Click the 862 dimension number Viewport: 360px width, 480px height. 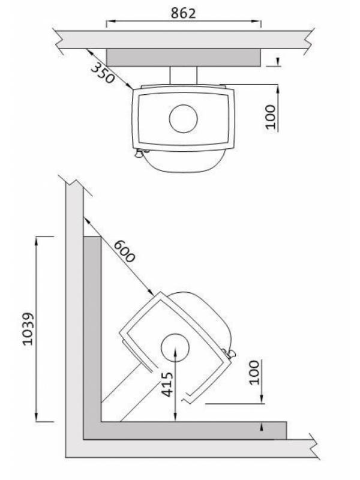point(183,13)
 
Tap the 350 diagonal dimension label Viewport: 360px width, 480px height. point(103,73)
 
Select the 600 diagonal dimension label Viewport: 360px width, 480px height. point(124,251)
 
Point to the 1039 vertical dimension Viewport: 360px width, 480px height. point(28,329)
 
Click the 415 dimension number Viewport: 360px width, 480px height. point(167,385)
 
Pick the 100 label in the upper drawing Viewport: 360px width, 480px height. point(270,116)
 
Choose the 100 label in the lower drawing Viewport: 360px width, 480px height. point(254,372)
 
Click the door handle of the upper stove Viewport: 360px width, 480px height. point(140,153)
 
